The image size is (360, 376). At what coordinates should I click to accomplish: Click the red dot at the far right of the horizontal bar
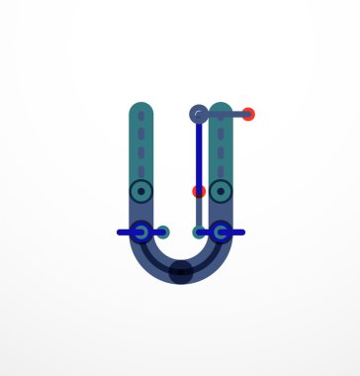tap(248, 115)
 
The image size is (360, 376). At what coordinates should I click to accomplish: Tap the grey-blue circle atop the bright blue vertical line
tap(199, 115)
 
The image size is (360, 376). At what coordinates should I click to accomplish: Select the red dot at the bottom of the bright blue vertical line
tap(199, 191)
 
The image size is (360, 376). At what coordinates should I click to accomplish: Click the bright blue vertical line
tap(199, 153)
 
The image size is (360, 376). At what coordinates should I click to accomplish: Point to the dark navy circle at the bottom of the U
tap(181, 272)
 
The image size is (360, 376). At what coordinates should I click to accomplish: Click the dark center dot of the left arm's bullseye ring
tap(141, 191)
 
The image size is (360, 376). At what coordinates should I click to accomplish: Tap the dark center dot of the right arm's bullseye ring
tap(221, 191)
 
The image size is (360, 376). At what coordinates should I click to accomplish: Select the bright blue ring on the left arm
tap(141, 233)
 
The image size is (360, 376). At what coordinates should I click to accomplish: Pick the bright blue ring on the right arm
tap(221, 233)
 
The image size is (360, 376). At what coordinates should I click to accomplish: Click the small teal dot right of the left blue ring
tap(163, 233)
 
